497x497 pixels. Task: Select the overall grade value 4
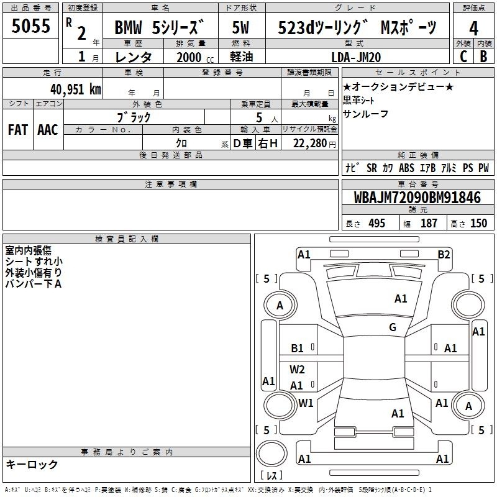point(474,29)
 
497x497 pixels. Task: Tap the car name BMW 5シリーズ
point(158,29)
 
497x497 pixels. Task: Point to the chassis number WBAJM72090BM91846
point(417,198)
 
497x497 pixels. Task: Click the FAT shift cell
point(17,129)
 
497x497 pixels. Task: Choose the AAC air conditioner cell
point(48,129)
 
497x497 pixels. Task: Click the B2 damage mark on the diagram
point(444,254)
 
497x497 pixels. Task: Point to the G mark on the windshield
point(392,327)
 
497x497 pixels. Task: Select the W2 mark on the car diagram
point(298,369)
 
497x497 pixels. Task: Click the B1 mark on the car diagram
point(298,349)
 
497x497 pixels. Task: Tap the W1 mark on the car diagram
point(306,403)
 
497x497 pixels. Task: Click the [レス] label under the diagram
point(271,476)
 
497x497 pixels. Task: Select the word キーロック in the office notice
point(32,465)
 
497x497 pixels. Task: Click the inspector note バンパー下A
point(34,284)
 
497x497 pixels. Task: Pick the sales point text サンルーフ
point(366,114)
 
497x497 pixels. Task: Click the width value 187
point(429,224)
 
